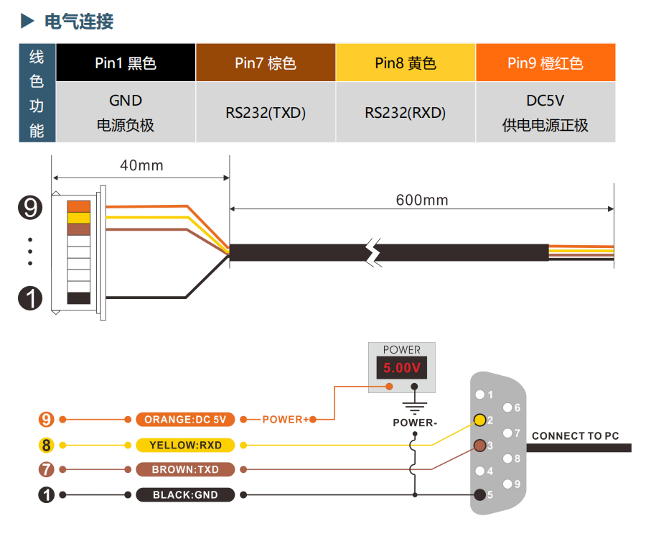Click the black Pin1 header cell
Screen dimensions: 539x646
[126, 63]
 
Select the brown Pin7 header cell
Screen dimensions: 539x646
[265, 63]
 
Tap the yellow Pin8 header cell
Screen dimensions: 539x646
[405, 63]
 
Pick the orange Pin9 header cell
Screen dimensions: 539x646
[545, 63]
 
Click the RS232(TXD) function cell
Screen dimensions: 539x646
[265, 113]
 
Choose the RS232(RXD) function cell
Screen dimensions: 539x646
[405, 113]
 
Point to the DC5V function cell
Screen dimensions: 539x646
[545, 113]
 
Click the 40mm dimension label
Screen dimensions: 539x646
[141, 166]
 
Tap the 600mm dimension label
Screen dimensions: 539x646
[421, 200]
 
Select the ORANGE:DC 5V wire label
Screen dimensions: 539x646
[185, 420]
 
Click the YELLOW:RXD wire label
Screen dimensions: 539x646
[185, 446]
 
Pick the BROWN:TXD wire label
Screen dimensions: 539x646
[185, 470]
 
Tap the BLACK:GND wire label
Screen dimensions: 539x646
[185, 495]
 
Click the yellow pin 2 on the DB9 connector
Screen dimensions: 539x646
[479, 420]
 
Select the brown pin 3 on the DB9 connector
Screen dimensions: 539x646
[479, 446]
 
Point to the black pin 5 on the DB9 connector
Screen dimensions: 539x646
[479, 494]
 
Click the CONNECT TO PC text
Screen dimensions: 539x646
[575, 436]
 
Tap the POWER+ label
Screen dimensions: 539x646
[285, 420]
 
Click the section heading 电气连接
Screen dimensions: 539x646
[78, 22]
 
